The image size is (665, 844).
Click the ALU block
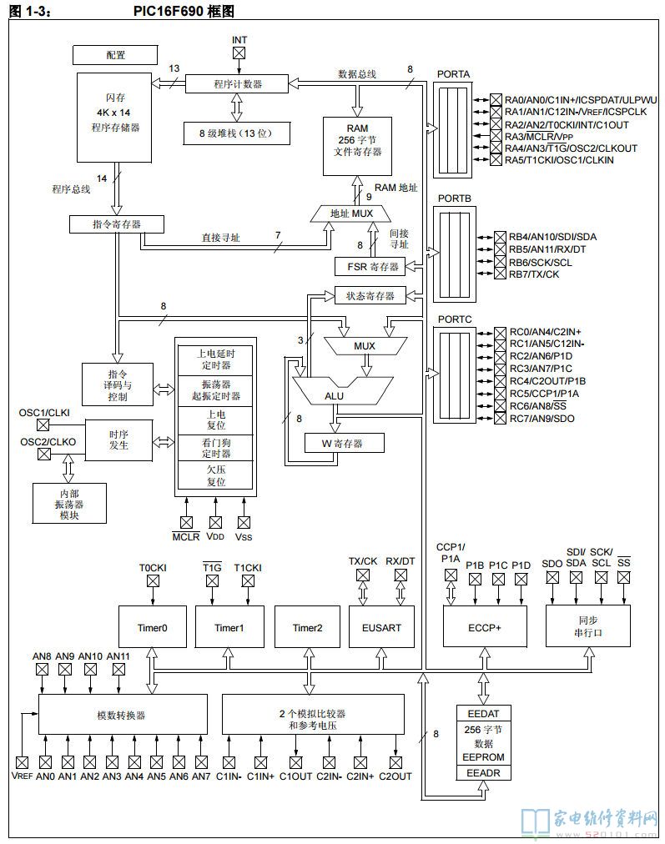pyautogui.click(x=335, y=394)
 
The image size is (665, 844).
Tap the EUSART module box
pyautogui.click(x=378, y=628)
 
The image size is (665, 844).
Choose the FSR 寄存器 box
pyautogui.click(x=368, y=266)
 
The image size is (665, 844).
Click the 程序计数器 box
pyautogui.click(x=237, y=84)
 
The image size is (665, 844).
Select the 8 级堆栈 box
pyautogui.click(x=237, y=133)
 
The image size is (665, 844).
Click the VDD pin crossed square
pyautogui.click(x=215, y=522)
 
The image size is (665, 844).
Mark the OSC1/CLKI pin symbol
pyautogui.click(x=43, y=425)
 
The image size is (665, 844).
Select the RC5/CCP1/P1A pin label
pyautogui.click(x=544, y=393)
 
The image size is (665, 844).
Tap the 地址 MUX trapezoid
pyautogui.click(x=351, y=214)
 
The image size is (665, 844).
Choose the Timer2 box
pyautogui.click(x=307, y=628)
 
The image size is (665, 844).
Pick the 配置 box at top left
pyautogui.click(x=116, y=55)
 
